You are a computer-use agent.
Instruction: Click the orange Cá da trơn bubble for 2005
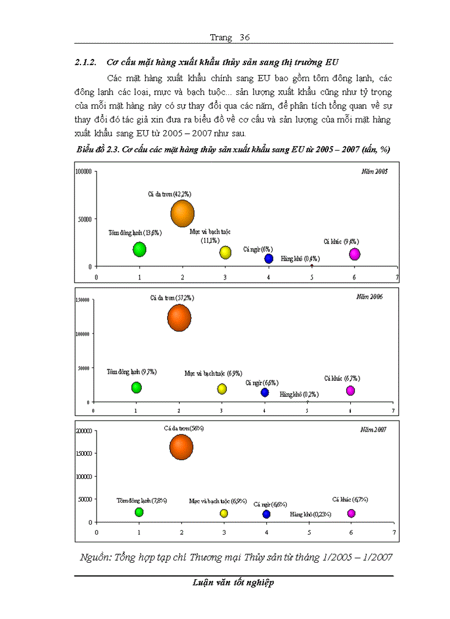[x=183, y=213]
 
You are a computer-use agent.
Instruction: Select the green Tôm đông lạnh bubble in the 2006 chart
[x=136, y=387]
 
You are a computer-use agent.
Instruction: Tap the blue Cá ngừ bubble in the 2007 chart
[x=266, y=514]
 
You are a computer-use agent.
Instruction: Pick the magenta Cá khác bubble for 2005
[x=355, y=254]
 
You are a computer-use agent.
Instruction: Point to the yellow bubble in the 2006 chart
[x=222, y=389]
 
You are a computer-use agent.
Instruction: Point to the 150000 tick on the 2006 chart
[x=84, y=300]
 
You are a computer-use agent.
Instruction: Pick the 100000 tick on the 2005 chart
[x=84, y=171]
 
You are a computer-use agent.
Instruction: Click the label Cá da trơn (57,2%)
[x=172, y=298]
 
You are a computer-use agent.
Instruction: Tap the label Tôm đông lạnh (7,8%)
[x=142, y=500]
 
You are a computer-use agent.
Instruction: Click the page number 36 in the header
[x=245, y=37]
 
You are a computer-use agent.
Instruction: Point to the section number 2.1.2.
[x=86, y=62]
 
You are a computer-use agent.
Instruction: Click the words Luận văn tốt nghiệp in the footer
[x=234, y=583]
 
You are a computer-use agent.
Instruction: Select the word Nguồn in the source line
[x=95, y=557]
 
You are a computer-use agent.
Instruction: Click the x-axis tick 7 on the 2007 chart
[x=394, y=532]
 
